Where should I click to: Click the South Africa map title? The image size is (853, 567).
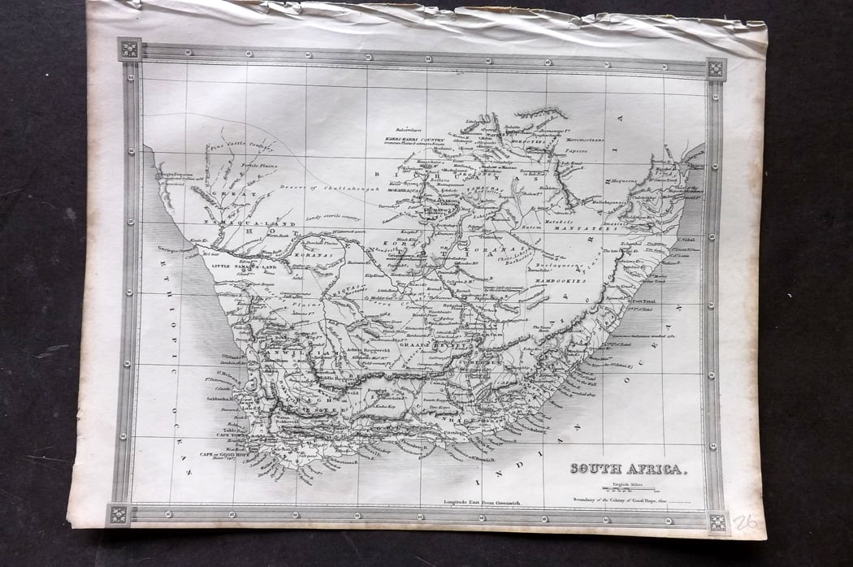point(627,469)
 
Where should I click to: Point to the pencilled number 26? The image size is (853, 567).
point(745,522)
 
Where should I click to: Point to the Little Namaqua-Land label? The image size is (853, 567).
point(243,266)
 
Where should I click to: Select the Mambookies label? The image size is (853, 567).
point(561,281)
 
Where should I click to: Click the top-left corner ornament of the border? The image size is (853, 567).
point(128,48)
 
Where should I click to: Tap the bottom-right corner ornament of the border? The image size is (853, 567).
point(716,522)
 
